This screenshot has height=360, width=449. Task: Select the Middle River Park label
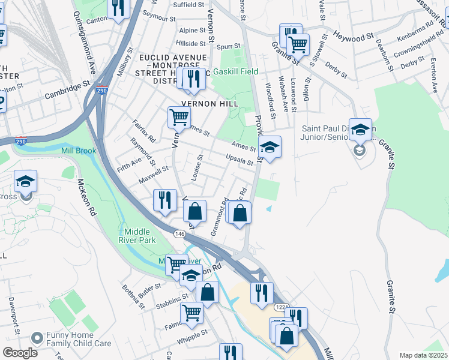pos(140,236)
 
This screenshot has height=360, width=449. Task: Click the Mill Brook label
pos(78,151)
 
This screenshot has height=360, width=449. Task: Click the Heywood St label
pos(354,37)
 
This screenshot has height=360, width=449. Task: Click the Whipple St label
pos(192,331)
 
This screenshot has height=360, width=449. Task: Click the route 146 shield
pos(179,233)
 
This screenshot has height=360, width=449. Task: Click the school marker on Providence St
pos(270,146)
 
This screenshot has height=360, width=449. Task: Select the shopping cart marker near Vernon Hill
pos(178,118)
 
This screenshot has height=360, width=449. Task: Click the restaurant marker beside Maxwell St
pos(164,200)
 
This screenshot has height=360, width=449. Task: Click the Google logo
pos(19,353)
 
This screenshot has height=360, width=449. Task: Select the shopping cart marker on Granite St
pos(298,44)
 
